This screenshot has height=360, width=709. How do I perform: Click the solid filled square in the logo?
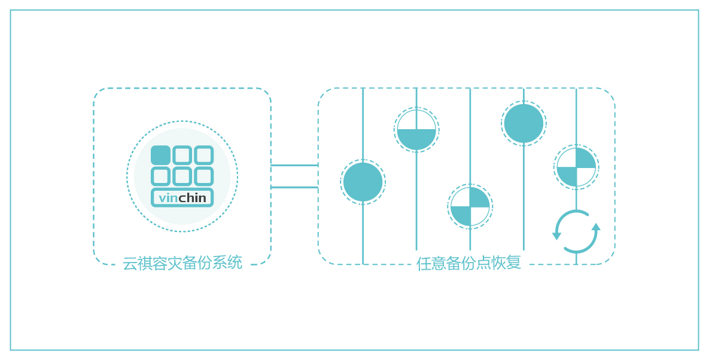160,155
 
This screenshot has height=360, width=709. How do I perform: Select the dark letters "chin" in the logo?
193,198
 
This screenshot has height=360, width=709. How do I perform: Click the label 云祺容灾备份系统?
182,263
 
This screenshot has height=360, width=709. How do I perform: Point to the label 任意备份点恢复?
469,263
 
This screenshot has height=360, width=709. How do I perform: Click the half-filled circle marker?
416,130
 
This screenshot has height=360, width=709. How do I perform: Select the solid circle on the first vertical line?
363,182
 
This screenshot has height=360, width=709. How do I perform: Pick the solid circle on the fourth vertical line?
524,123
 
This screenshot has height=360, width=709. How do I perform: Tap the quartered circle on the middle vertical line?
470,207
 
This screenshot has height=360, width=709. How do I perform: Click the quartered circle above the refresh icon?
576,167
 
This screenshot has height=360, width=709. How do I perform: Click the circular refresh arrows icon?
576,231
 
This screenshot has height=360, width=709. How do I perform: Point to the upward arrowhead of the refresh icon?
596,227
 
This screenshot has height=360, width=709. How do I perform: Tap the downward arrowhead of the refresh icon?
556,236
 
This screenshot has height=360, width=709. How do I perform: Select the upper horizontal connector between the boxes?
294,165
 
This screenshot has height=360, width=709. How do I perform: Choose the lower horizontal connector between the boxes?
294,187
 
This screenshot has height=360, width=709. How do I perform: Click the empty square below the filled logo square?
160,176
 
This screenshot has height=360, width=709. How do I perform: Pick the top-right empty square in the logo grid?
203,155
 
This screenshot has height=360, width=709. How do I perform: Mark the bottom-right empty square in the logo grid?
203,176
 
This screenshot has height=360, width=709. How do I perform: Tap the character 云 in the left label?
130,263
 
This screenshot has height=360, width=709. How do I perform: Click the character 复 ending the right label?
514,263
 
